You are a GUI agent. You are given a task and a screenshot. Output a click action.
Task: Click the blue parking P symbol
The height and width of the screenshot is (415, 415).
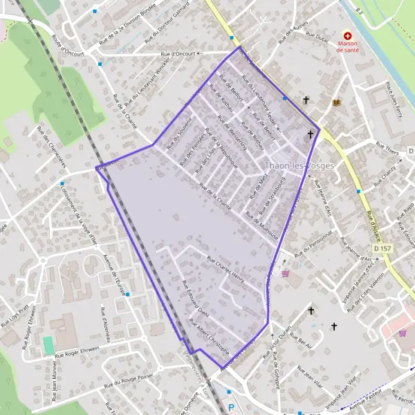coord(231,408)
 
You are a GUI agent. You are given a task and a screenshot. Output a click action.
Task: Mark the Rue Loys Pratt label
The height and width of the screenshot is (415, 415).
coord(15,313)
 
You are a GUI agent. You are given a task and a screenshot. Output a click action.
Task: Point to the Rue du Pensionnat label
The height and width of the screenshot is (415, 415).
coord(314,243)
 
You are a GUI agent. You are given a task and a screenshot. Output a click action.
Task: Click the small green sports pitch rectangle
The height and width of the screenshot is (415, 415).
coord(48,344)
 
